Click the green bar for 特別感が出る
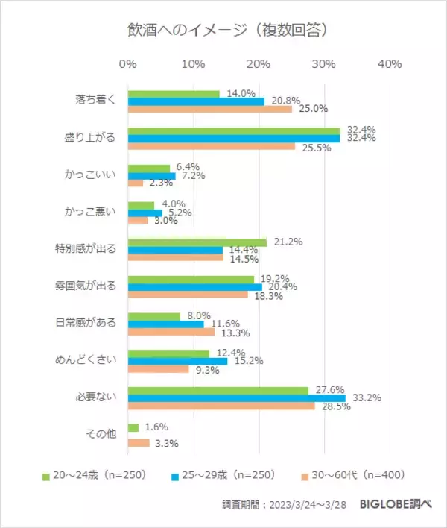pos(197,242)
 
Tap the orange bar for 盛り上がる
pos(212,146)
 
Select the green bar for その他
pos(133,427)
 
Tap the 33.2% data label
pos(368,398)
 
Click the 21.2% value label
pos(288,242)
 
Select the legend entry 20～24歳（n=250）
pos(98,474)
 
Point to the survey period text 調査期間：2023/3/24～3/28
pos(285,505)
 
